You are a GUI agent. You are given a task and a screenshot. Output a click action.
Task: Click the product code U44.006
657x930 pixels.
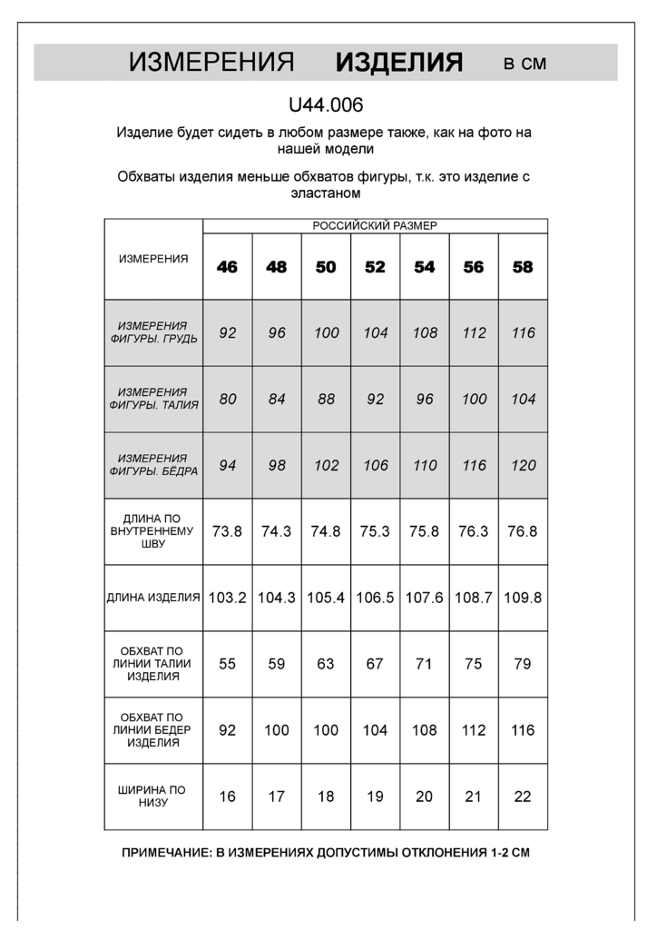click(x=326, y=105)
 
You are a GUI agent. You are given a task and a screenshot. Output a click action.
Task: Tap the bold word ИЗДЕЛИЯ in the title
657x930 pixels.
click(x=399, y=63)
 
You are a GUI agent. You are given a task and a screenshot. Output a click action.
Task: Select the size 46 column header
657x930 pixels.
click(x=227, y=267)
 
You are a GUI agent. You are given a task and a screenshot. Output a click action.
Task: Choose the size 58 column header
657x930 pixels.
click(x=523, y=267)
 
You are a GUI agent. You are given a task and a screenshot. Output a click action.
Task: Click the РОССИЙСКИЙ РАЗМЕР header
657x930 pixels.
click(x=375, y=226)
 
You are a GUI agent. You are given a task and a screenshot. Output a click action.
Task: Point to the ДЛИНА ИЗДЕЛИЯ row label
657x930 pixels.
click(x=153, y=598)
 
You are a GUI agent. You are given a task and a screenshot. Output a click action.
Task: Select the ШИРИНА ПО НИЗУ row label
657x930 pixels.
click(x=153, y=796)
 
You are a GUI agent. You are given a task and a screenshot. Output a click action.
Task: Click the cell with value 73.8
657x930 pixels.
click(x=227, y=531)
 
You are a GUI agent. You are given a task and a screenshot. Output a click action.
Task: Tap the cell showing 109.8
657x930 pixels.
click(x=523, y=598)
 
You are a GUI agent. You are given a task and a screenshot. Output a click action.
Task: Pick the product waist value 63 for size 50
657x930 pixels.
click(x=326, y=664)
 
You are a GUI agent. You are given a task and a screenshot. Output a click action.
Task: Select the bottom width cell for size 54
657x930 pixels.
click(x=424, y=796)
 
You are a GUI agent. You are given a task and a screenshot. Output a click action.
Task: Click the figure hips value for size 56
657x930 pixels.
click(x=474, y=465)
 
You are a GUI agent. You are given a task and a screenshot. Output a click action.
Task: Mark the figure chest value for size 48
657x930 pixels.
click(x=277, y=333)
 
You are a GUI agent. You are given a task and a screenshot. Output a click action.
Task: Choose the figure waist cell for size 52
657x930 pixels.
click(x=375, y=399)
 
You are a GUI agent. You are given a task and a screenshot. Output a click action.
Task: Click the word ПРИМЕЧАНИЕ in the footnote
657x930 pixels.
click(x=167, y=854)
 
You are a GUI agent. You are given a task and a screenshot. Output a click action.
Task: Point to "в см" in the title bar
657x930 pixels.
click(x=525, y=64)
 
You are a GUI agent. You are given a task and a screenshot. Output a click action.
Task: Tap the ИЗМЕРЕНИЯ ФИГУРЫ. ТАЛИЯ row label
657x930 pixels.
click(x=153, y=399)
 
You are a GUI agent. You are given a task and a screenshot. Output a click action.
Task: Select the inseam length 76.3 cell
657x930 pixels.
click(x=474, y=531)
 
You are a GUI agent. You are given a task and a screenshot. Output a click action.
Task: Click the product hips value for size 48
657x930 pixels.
click(x=277, y=730)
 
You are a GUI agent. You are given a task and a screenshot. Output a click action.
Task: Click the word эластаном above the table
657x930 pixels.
click(x=326, y=193)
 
